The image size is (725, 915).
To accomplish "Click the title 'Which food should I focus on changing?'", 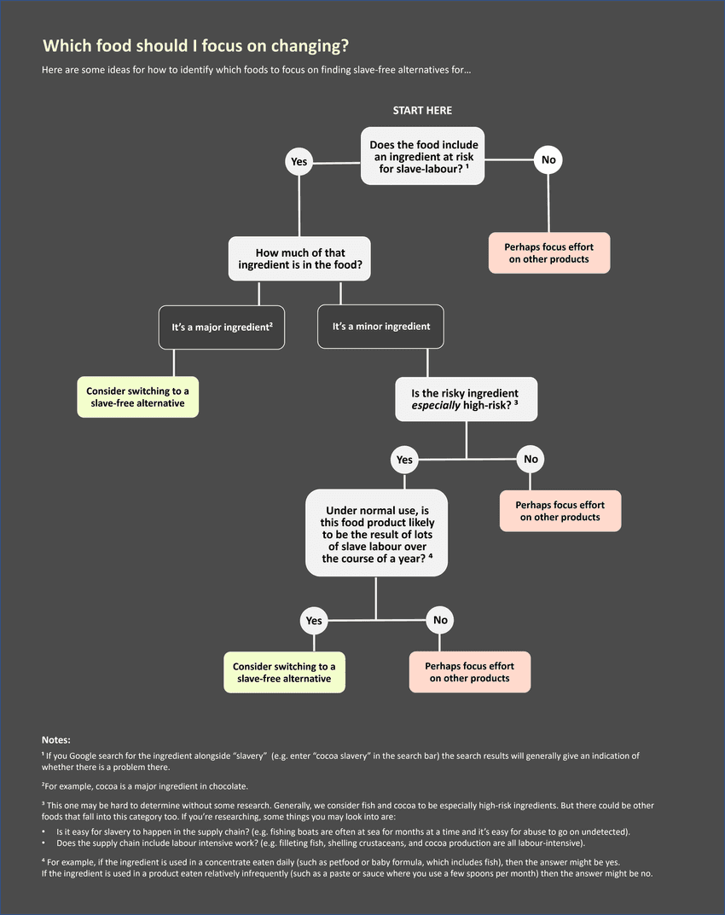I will [x=195, y=46].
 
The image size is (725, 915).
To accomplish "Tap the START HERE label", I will [x=422, y=111].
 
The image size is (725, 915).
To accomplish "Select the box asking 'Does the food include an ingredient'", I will [x=423, y=157].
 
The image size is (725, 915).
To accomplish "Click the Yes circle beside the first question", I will [x=299, y=161].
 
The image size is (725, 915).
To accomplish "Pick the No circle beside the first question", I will [x=548, y=159].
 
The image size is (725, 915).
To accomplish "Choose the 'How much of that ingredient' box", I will [x=299, y=259].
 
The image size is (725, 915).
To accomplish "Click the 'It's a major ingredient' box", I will [x=222, y=327].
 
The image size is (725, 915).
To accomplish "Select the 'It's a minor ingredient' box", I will [x=381, y=327].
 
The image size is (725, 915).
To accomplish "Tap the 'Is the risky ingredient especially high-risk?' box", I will [x=466, y=399].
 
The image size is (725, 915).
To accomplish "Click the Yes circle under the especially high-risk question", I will [x=404, y=460].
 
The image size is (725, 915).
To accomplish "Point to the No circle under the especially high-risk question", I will [x=531, y=460].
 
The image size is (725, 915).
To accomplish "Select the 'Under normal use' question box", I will [x=376, y=532].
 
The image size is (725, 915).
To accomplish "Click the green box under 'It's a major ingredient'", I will [x=137, y=397].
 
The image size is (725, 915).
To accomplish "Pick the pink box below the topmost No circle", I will [x=549, y=253].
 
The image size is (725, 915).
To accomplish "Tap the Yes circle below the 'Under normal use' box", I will [x=314, y=621].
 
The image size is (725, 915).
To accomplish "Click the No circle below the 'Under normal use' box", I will [x=440, y=620].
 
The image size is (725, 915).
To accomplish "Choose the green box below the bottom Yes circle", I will [x=284, y=672].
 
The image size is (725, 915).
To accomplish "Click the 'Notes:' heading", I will [x=56, y=739].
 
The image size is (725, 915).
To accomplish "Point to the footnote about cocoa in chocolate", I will [x=145, y=785].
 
